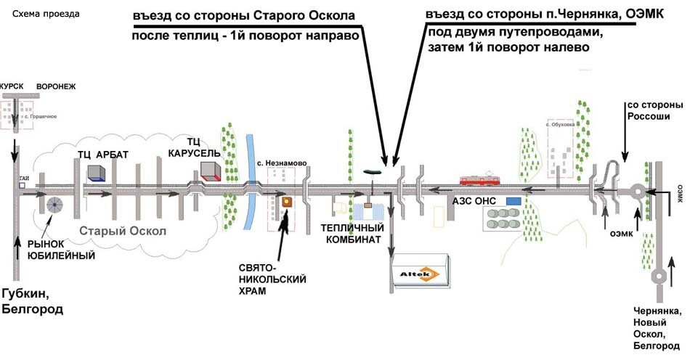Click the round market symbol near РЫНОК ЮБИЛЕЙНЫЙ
click(x=55, y=205)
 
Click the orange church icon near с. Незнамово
click(x=287, y=202)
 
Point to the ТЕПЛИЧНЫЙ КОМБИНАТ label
click(x=353, y=234)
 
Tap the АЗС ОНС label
click(x=475, y=200)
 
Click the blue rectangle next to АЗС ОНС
click(x=514, y=200)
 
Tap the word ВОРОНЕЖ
click(x=56, y=85)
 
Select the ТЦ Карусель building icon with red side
click(x=211, y=171)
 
